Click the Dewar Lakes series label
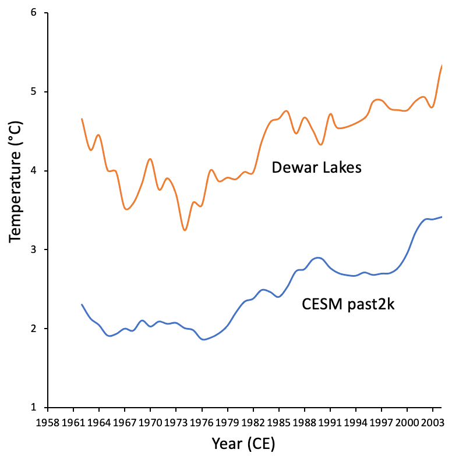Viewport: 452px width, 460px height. pos(317,168)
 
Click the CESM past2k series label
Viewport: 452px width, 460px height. pos(348,304)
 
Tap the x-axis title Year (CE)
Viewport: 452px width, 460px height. pos(243,445)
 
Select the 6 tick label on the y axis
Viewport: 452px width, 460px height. pos(41,13)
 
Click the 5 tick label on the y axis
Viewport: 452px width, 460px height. pos(41,92)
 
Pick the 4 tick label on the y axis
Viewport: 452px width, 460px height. pos(41,171)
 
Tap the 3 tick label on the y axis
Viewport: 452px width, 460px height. pos(41,249)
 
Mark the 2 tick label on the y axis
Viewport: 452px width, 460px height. pos(41,329)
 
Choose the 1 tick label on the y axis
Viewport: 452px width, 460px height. pos(41,407)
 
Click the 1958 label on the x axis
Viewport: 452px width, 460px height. pos(48,420)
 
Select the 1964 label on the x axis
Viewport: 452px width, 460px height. pos(99,420)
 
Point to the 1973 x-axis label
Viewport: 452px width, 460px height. pos(176,420)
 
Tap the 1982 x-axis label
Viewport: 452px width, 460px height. pos(253,420)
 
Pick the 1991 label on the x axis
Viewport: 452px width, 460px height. pos(330,420)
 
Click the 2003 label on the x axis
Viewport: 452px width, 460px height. pos(432,420)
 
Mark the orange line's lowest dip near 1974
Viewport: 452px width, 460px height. pos(185,230)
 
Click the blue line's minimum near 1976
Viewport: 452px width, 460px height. pos(203,339)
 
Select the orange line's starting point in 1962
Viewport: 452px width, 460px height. pos(82,119)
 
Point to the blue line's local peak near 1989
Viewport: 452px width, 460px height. pos(317,257)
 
